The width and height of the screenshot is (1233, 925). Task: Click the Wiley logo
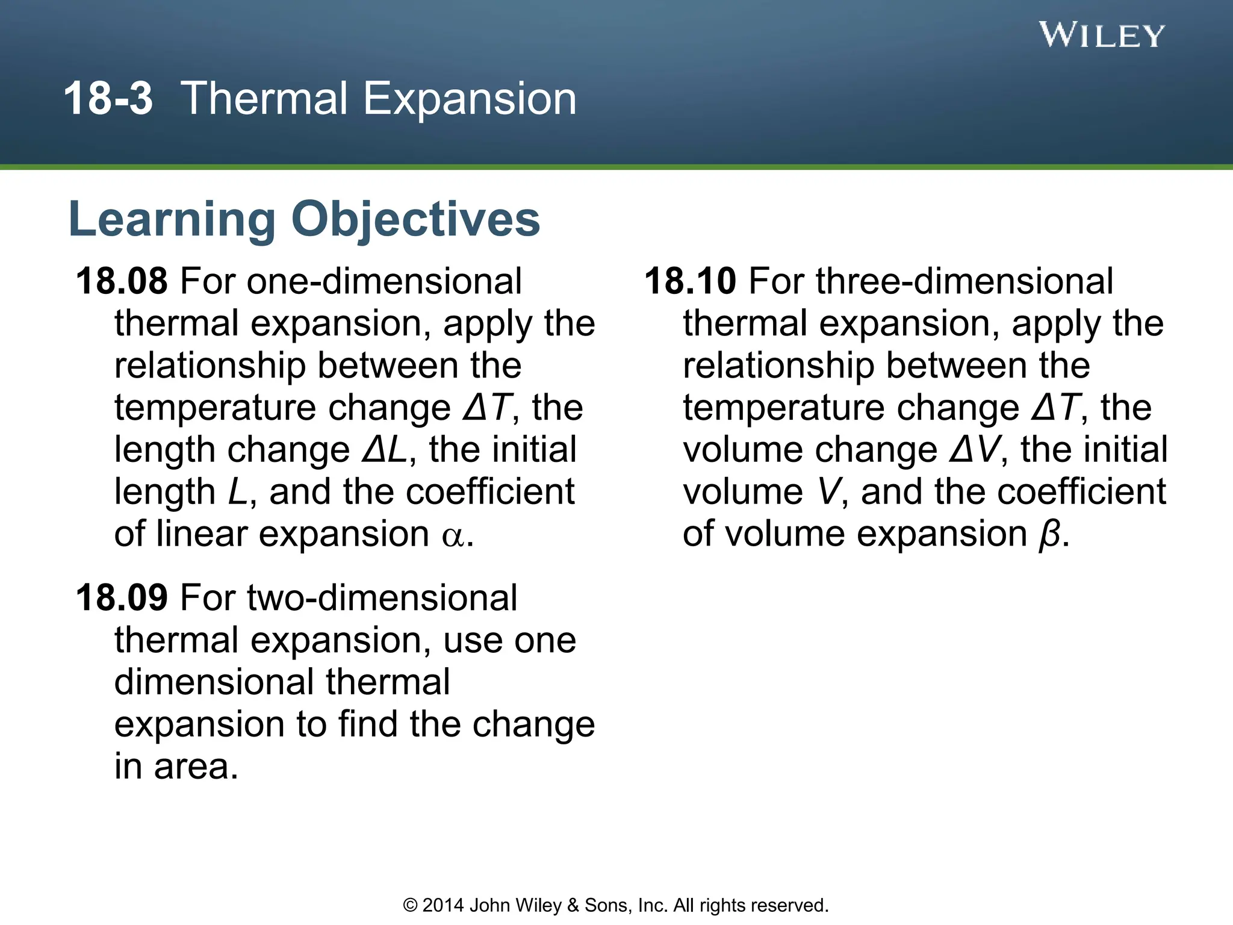coord(1101,35)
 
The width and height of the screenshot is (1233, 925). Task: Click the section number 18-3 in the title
coord(108,99)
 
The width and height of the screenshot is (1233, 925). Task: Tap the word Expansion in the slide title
coord(470,99)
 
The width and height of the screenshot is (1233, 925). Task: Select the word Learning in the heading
coord(172,219)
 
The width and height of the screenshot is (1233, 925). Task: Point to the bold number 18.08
coord(122,281)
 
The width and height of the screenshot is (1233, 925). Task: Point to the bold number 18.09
coord(122,598)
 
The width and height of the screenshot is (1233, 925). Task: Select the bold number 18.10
coord(690,281)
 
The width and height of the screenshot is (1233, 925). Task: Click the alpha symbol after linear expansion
coord(453,535)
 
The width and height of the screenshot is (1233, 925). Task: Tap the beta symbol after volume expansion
coord(1049,534)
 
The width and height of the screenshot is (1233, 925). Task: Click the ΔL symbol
coord(384,450)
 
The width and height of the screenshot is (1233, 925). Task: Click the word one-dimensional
coord(384,281)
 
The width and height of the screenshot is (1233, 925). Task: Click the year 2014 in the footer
coord(443,906)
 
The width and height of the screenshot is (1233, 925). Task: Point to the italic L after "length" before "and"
coord(237,493)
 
